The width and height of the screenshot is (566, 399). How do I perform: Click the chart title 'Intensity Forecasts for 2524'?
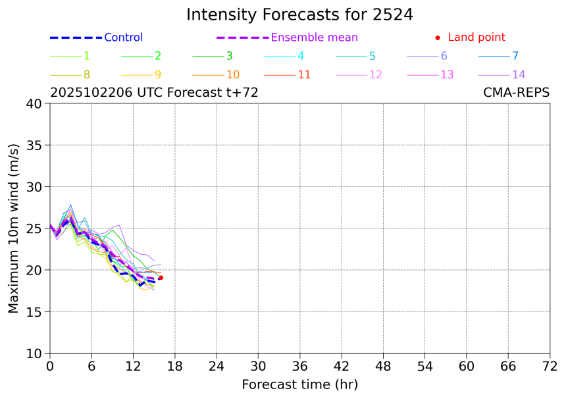pos(299,14)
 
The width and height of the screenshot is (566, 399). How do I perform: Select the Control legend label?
pos(123,38)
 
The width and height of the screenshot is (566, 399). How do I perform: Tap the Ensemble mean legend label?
pos(315,38)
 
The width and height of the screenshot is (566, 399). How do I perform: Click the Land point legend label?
pos(476,38)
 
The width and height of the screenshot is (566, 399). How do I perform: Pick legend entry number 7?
pos(515,56)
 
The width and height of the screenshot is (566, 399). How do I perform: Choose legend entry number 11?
pos(304,74)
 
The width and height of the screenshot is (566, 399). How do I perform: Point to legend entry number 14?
pos(519,74)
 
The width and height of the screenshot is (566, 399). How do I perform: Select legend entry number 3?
pos(229,56)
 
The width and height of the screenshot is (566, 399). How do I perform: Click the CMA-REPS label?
pos(516,93)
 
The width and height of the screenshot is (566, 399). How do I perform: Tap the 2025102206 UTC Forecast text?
pos(154,93)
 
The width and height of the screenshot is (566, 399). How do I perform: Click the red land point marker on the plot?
pos(161,278)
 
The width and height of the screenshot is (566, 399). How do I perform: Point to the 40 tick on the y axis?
pos(34,103)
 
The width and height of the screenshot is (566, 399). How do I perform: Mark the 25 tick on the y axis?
pos(34,228)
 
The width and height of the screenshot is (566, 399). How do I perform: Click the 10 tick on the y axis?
pos(34,354)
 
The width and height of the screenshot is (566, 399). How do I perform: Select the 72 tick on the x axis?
pos(550,366)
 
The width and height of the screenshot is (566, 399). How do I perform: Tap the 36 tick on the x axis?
pos(299,366)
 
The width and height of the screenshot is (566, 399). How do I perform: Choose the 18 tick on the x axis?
pos(174,366)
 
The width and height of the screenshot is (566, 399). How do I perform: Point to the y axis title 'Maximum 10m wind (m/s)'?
pos(14,228)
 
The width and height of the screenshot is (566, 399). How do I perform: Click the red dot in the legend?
pos(438,38)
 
